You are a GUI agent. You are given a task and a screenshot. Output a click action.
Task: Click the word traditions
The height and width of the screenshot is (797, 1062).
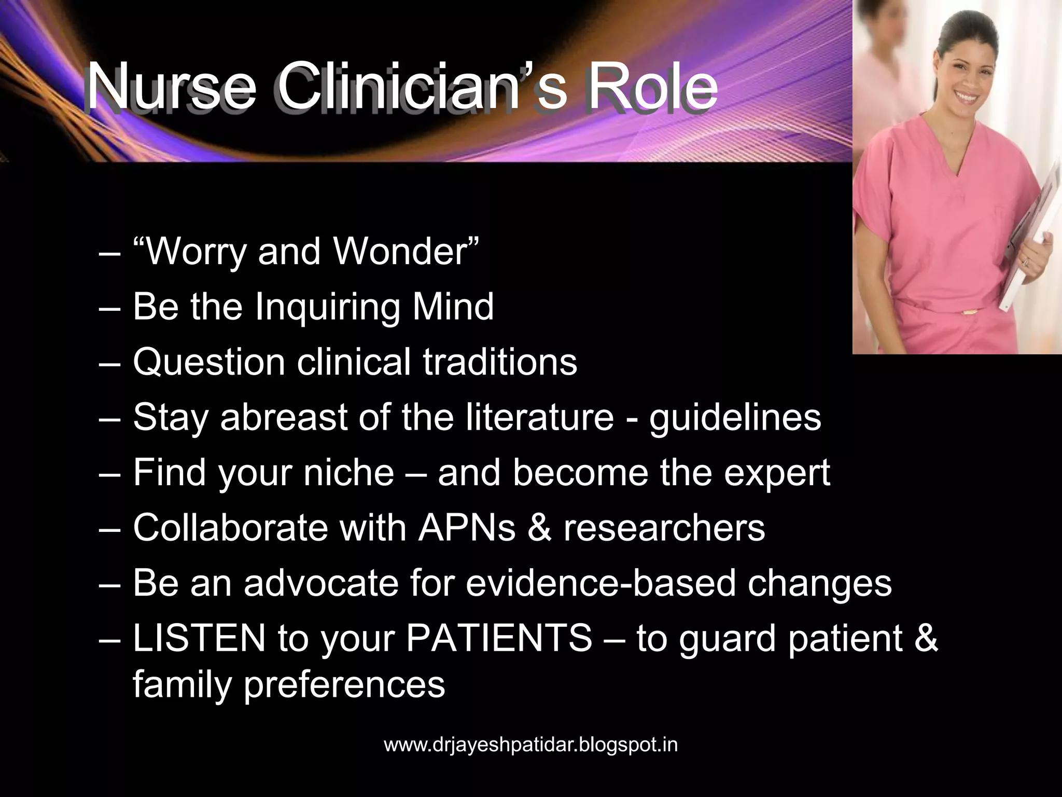pos(500,362)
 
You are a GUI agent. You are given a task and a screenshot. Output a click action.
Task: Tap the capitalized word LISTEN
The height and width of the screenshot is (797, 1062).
pos(199,639)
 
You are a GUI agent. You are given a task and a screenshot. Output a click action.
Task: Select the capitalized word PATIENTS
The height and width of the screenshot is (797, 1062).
pos(499,639)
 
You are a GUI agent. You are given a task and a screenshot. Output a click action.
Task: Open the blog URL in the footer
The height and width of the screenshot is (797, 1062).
pos(530,745)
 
